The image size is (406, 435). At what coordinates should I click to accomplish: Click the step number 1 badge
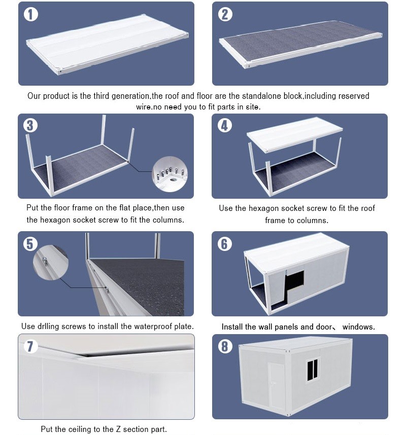(x=31, y=14)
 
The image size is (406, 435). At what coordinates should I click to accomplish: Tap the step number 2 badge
(x=225, y=14)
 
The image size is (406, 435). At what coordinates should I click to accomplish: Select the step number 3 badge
(x=30, y=125)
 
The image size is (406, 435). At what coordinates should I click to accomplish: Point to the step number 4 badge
(x=225, y=125)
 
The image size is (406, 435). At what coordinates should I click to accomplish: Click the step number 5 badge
(x=30, y=244)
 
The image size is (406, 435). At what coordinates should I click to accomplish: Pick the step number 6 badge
(x=225, y=244)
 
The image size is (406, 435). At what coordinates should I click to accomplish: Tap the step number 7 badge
(x=30, y=346)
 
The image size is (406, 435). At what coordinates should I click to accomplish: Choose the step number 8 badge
(x=225, y=346)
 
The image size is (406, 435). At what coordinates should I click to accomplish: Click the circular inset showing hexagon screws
(x=170, y=174)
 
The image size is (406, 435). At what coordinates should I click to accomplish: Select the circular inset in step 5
(x=51, y=263)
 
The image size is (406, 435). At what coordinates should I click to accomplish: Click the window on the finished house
(x=313, y=370)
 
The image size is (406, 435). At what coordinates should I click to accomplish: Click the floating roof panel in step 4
(x=295, y=134)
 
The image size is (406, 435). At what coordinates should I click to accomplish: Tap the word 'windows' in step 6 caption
(x=358, y=327)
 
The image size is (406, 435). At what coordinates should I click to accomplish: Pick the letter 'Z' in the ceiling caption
(x=118, y=429)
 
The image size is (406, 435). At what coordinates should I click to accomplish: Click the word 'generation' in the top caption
(x=130, y=96)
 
